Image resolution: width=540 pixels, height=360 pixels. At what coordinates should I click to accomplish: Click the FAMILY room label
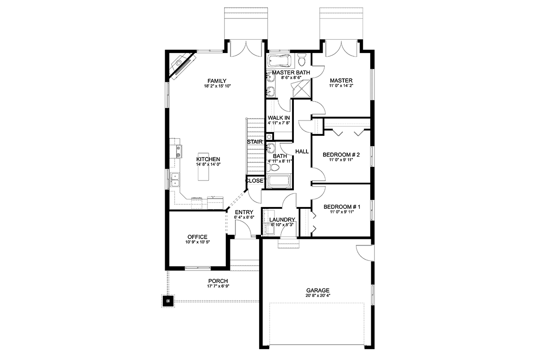(217, 81)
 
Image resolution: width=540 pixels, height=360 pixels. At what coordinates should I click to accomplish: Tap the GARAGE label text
(318, 291)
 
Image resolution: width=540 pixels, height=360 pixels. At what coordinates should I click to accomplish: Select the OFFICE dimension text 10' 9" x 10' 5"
(198, 242)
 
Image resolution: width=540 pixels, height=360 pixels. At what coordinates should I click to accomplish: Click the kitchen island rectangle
(203, 166)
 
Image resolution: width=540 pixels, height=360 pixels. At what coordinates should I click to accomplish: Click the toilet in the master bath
(302, 59)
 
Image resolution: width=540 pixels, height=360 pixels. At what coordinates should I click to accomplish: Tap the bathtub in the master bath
(279, 61)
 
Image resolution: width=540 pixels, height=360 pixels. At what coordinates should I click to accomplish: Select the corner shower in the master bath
(301, 89)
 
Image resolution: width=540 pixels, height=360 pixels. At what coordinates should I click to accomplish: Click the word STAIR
(255, 142)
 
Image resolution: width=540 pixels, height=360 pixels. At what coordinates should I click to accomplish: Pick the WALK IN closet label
(279, 118)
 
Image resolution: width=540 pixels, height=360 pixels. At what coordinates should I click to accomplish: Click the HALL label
(302, 152)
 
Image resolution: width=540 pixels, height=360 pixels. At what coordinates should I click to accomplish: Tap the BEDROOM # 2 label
(341, 154)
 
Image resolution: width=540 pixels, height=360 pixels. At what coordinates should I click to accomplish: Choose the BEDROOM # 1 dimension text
(342, 212)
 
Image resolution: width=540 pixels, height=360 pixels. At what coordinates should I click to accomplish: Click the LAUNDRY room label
(282, 220)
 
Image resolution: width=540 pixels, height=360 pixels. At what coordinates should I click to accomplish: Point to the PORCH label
(218, 281)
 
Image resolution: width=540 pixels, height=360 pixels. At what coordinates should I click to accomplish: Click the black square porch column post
(168, 301)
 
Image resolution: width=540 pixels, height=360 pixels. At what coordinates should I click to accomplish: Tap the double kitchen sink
(175, 180)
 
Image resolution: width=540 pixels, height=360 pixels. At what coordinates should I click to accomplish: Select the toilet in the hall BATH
(273, 167)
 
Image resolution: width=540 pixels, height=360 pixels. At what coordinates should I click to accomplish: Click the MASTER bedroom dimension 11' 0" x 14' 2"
(341, 85)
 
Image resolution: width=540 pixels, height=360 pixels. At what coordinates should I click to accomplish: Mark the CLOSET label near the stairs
(256, 180)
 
